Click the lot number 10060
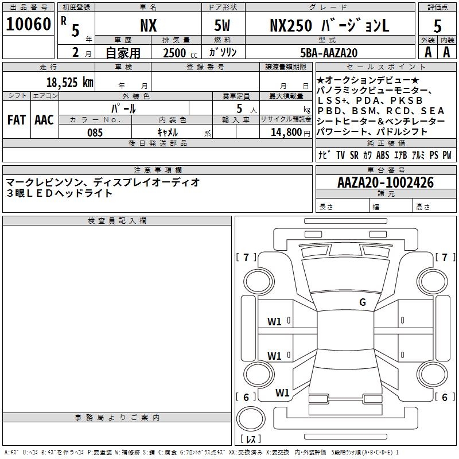click(x=28, y=24)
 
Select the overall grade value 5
click(x=437, y=26)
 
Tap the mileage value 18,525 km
click(x=70, y=82)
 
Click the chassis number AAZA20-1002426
click(x=386, y=182)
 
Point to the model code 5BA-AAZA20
click(x=329, y=53)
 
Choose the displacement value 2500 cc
click(x=180, y=53)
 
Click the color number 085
click(x=95, y=133)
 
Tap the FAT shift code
click(x=17, y=120)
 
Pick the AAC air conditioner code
click(x=44, y=120)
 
